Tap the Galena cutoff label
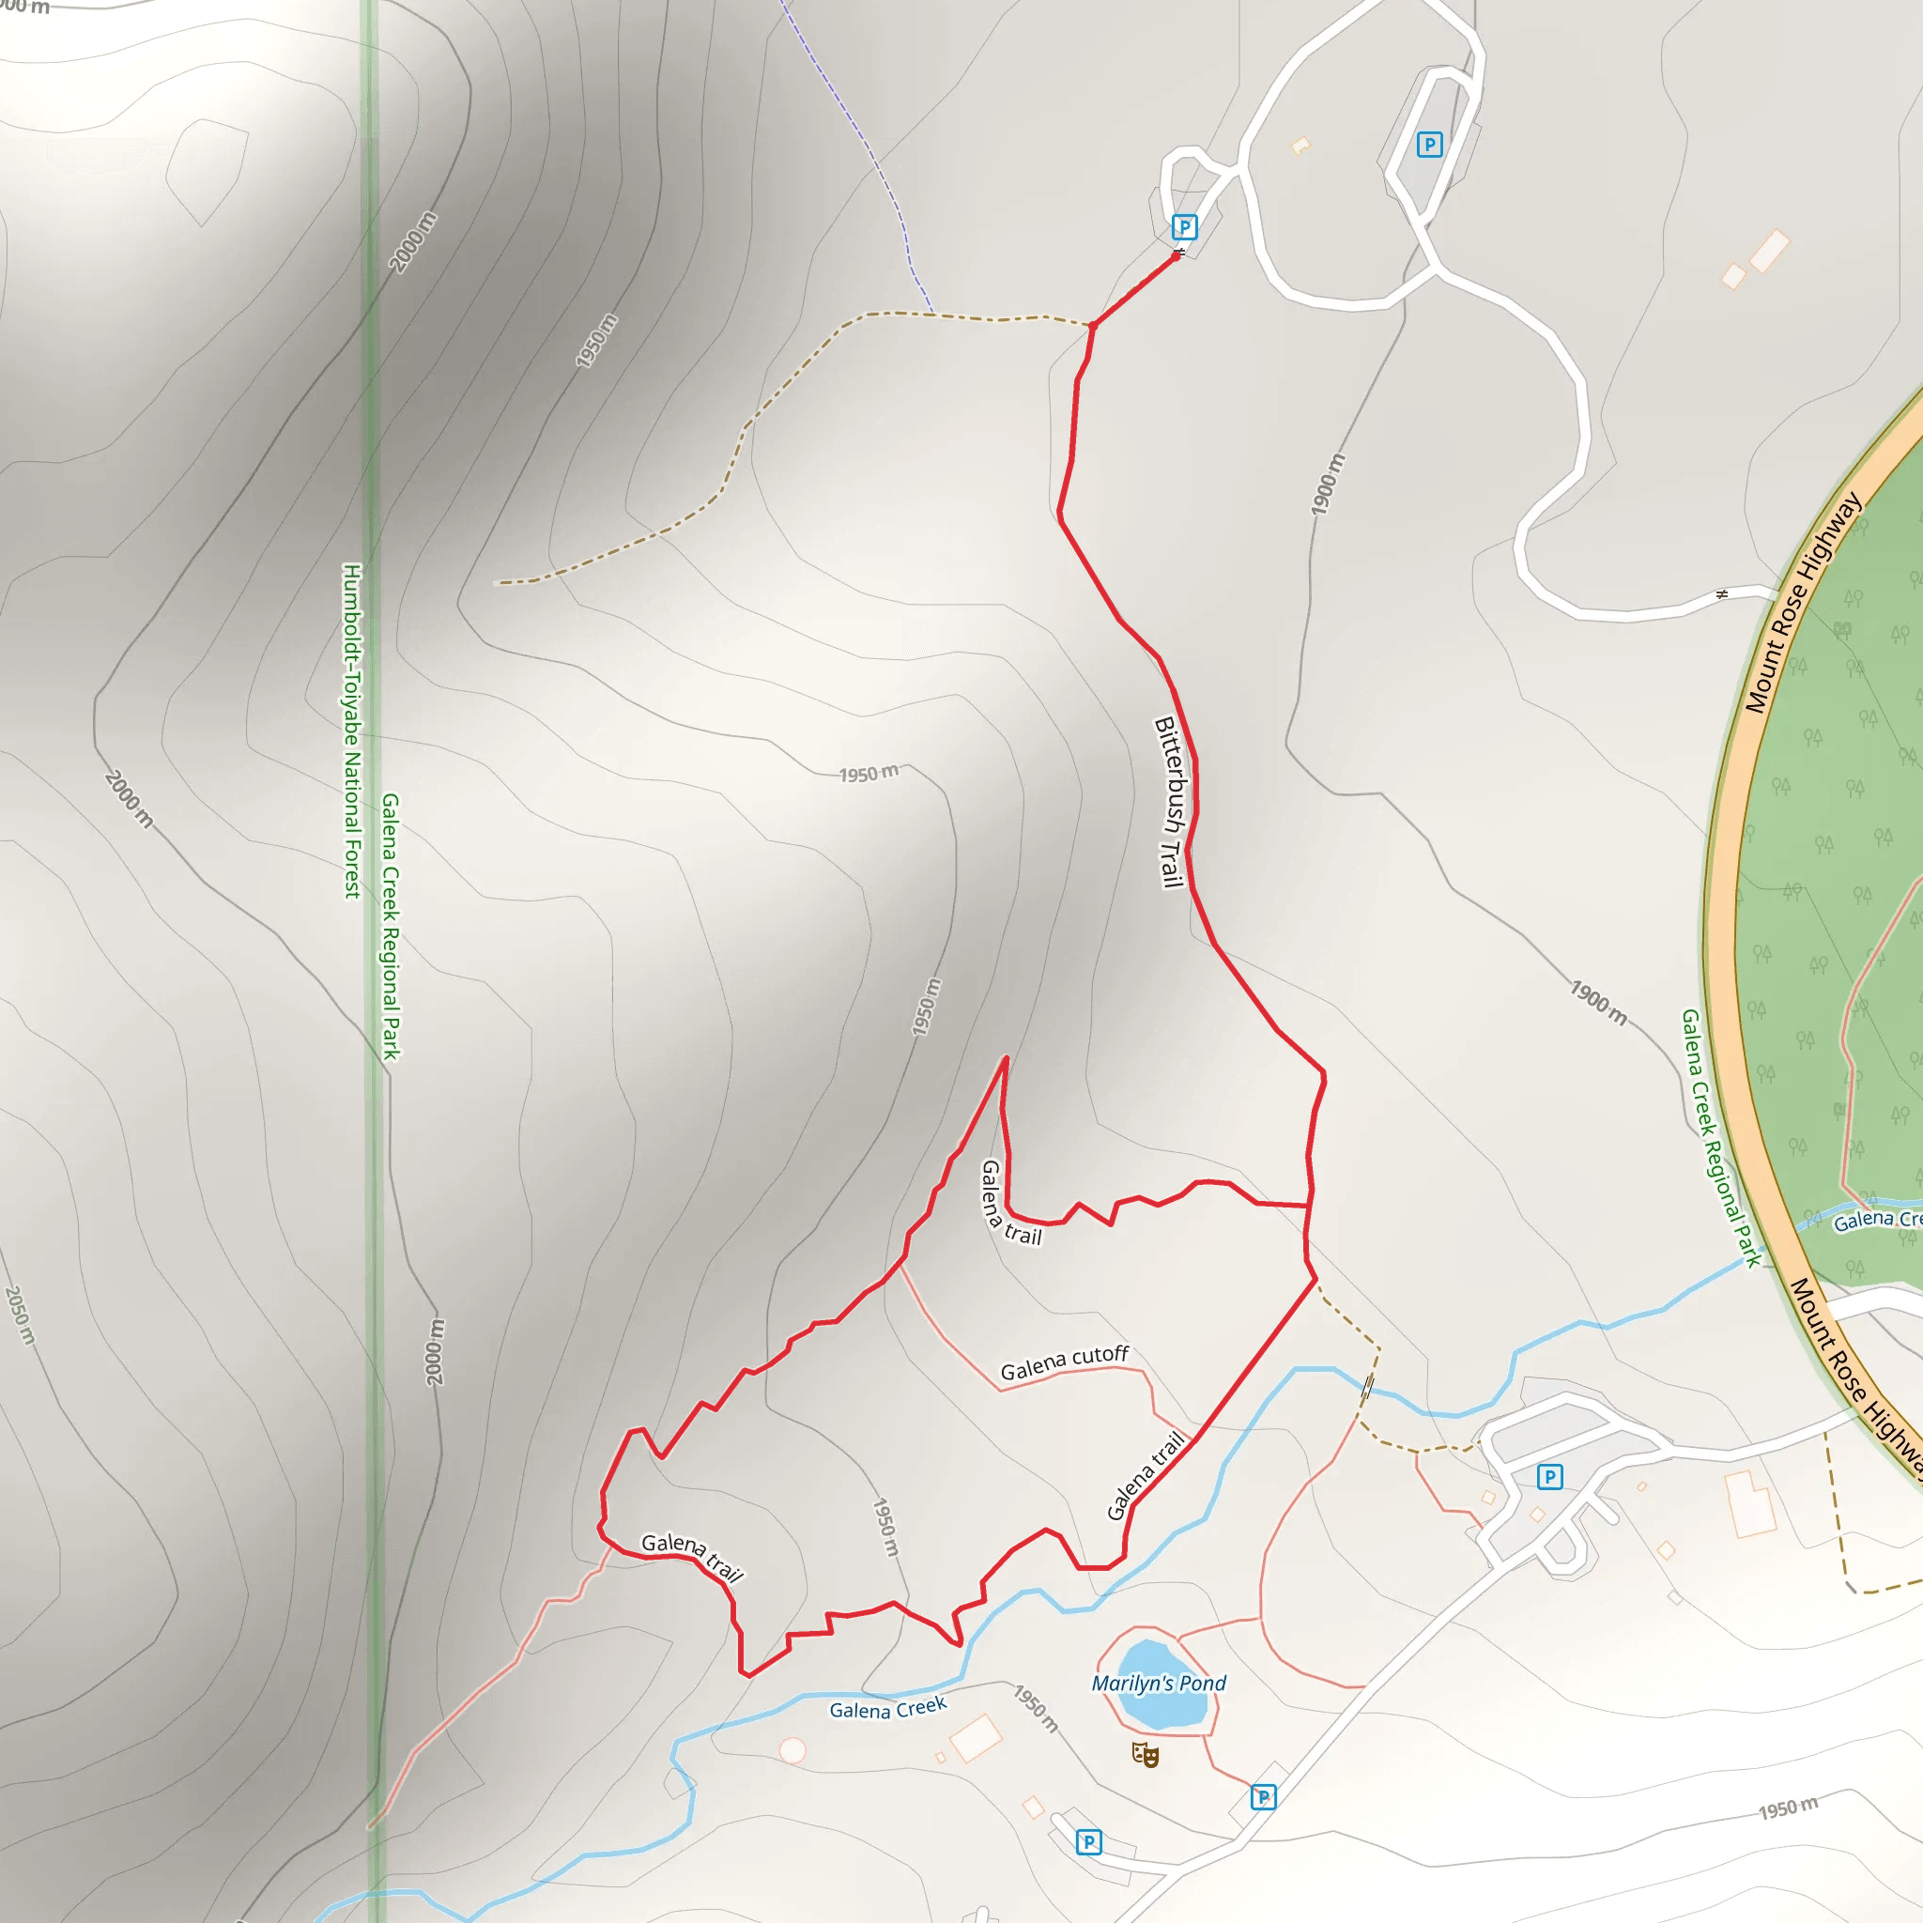[x=1064, y=1361]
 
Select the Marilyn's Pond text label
[x=1159, y=1684]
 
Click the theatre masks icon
[x=1145, y=1754]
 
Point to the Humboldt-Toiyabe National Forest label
[x=352, y=731]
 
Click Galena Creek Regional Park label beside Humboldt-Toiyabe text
[x=392, y=926]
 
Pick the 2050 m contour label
[x=20, y=1315]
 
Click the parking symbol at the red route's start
[x=1183, y=227]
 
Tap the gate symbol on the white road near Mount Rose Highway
[x=1722, y=594]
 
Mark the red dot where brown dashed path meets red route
[x=1093, y=326]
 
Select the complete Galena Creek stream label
[x=888, y=1709]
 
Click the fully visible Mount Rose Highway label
[x=1803, y=603]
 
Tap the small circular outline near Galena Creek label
[x=792, y=1750]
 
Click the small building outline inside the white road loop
[x=1300, y=146]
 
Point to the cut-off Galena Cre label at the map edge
[x=1877, y=1220]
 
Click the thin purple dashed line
[x=876, y=160]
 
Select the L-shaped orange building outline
[x=1752, y=1503]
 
